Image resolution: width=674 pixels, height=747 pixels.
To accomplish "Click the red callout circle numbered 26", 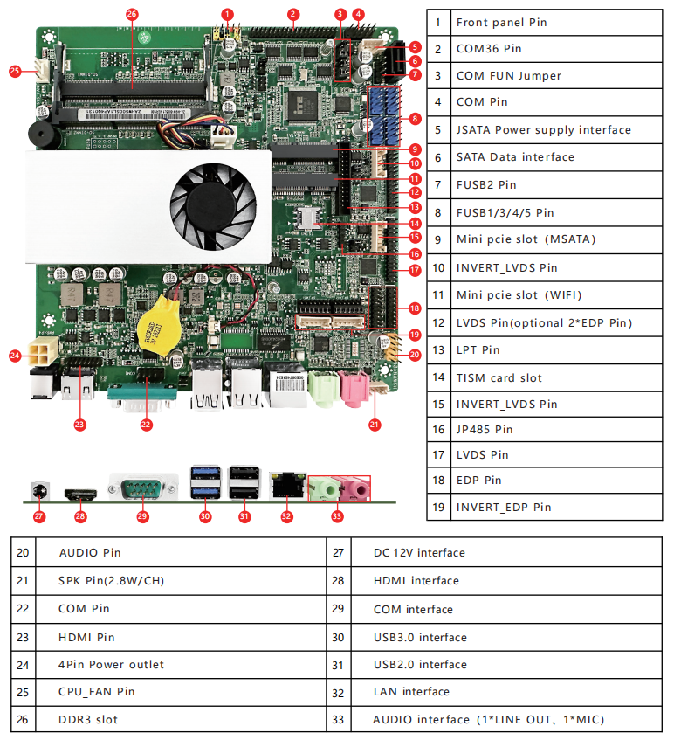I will [x=132, y=14].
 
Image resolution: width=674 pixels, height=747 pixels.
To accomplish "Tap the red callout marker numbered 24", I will [x=15, y=356].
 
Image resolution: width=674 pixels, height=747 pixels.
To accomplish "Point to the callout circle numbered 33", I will [x=337, y=516].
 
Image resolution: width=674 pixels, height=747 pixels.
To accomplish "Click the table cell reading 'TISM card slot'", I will [x=499, y=377].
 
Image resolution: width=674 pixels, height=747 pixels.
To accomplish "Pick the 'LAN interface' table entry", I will [x=411, y=691].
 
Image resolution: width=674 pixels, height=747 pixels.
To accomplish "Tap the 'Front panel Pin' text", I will [x=501, y=22].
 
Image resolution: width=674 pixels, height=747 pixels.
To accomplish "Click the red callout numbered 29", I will [x=143, y=516].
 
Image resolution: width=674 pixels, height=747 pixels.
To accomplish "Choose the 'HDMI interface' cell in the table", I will [x=416, y=580].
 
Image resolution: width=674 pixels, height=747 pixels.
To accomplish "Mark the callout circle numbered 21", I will [x=375, y=425].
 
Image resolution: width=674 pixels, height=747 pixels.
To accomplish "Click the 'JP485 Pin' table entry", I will [x=485, y=429].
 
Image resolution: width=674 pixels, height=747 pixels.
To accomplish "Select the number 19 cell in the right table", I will [x=438, y=507].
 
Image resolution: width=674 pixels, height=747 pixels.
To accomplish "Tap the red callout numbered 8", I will [x=415, y=118].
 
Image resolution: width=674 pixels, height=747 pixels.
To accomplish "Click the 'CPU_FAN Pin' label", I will [x=96, y=691].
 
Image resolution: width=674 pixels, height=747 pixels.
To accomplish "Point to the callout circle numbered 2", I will [x=293, y=14].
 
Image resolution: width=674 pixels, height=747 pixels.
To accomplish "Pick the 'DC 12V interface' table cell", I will [x=419, y=552].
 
